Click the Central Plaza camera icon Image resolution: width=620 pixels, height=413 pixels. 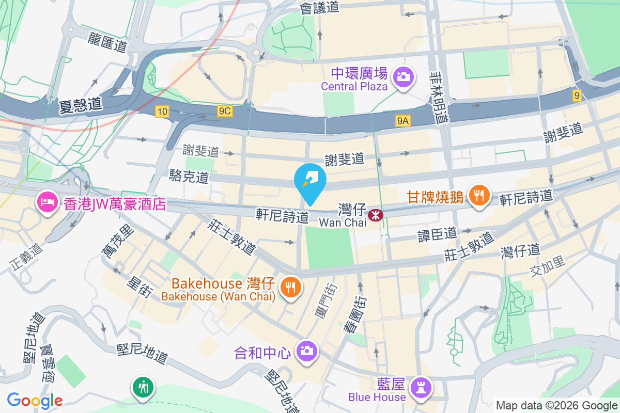pyautogui.click(x=402, y=77)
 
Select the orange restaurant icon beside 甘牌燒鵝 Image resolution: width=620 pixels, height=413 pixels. pyautogui.click(x=479, y=196)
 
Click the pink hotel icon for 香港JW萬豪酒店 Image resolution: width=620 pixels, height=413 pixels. pyautogui.click(x=47, y=202)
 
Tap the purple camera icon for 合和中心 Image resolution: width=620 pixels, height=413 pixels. pyautogui.click(x=306, y=352)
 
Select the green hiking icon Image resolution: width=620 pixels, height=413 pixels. pyautogui.click(x=143, y=387)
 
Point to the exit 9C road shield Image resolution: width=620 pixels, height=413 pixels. pyautogui.click(x=225, y=111)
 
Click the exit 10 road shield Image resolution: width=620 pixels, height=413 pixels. pyautogui.click(x=162, y=111)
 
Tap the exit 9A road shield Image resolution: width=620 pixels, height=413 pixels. pyautogui.click(x=403, y=121)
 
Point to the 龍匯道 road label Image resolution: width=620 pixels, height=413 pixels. pyautogui.click(x=107, y=42)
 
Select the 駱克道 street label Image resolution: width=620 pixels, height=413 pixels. pyautogui.click(x=189, y=177)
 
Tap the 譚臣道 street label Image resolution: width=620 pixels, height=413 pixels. pyautogui.click(x=438, y=234)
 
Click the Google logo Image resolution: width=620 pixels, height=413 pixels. pyautogui.click(x=35, y=400)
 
